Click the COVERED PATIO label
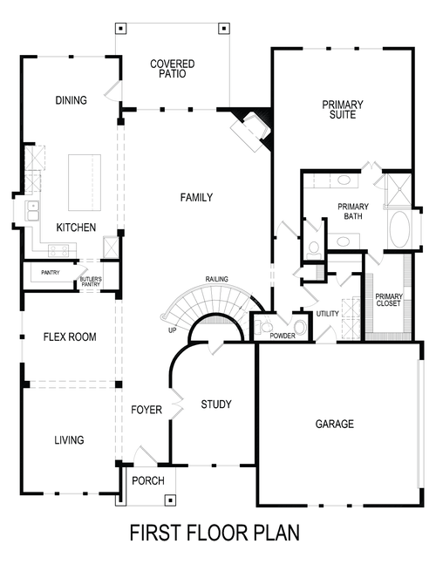point(172,70)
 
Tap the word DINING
point(71,100)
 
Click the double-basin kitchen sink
point(32,209)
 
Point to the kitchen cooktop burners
point(58,249)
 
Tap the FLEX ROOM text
point(70,336)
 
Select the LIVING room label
point(69,440)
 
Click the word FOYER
point(146,410)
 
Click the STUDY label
point(215,404)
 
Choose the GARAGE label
point(334,425)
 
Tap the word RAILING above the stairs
point(217,279)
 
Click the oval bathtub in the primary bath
point(402,230)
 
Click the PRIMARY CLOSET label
point(388,300)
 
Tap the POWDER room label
point(282,336)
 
